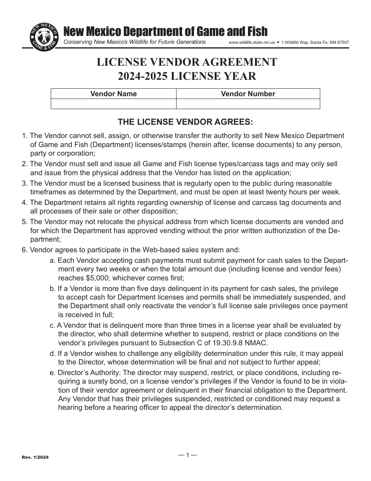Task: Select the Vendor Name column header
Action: pyautogui.click(x=114, y=94)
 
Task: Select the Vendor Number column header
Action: pyautogui.click(x=248, y=94)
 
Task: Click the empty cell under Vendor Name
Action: pyautogui.click(x=114, y=104)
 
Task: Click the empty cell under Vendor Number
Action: pyautogui.click(x=248, y=104)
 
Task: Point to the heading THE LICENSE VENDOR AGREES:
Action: pyautogui.click(x=185, y=122)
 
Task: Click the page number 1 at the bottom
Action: pyautogui.click(x=187, y=455)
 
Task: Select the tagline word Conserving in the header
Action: pyautogui.click(x=80, y=42)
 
